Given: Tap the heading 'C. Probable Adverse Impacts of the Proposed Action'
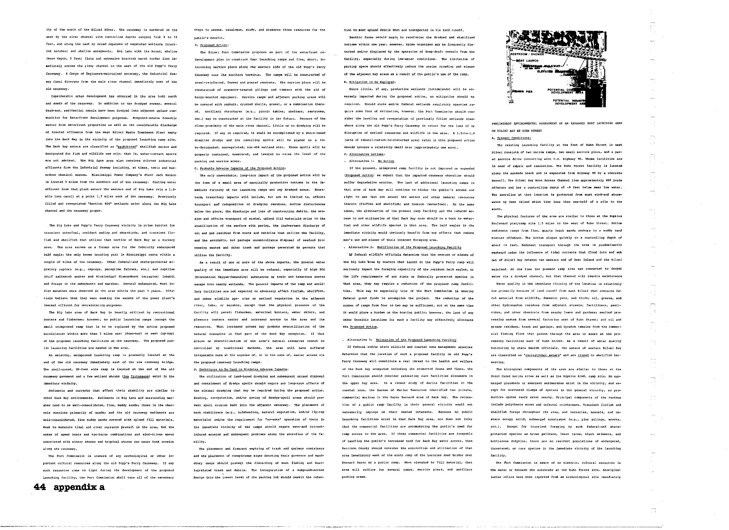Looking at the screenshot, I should point(240,168).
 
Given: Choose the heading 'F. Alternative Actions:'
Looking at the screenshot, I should point(360,154).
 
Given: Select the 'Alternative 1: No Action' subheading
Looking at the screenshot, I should point(371,161).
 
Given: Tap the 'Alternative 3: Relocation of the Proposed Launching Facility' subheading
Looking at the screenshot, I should point(402,340).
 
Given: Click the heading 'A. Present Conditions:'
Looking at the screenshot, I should point(511,138).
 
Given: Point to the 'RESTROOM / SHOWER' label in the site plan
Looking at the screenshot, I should point(526,54).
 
